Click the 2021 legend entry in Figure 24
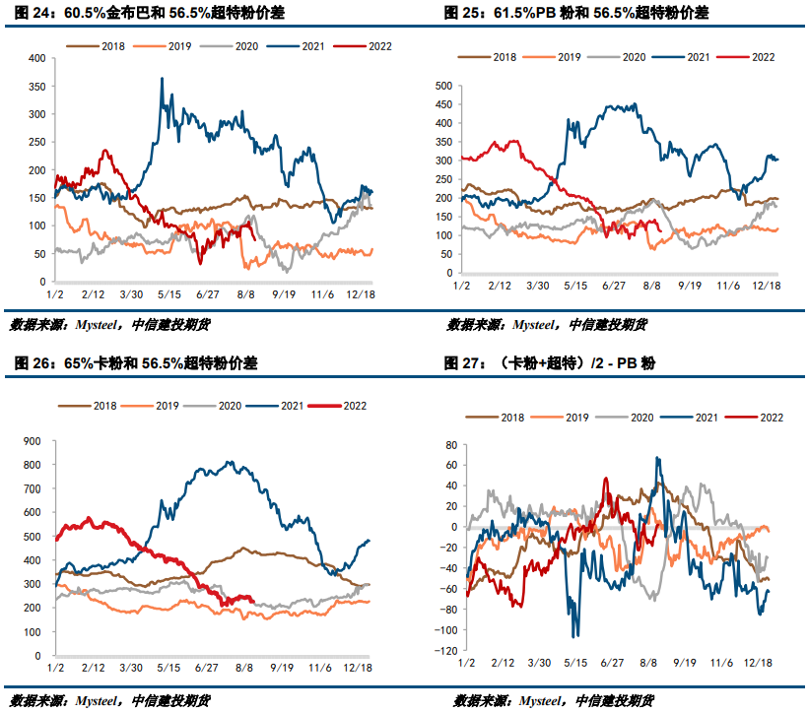[x=303, y=46]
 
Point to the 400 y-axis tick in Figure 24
[x=38, y=58]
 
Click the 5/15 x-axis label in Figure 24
[x=169, y=294]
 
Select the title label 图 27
[x=465, y=363]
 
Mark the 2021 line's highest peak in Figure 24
[x=162, y=79]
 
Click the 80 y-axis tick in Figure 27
[x=451, y=444]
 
